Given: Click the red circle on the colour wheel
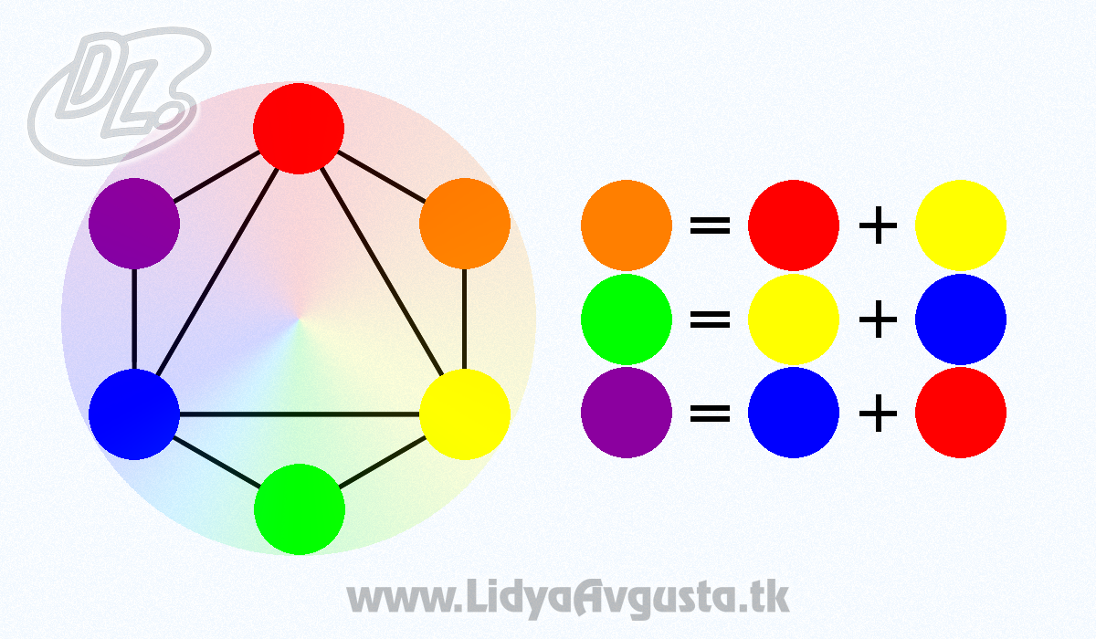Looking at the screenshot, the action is (x=299, y=129).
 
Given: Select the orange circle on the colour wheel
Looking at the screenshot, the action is (x=465, y=224).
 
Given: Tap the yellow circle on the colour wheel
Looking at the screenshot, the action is (x=465, y=414).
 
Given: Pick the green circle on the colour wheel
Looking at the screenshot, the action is (x=300, y=509).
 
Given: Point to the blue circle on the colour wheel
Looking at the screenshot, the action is (x=134, y=414).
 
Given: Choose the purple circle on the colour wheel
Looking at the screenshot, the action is (x=134, y=224).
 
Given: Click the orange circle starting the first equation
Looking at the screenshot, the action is (x=627, y=225).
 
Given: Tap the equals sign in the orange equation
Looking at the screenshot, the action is (x=710, y=225).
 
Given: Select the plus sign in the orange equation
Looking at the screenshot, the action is (x=879, y=225).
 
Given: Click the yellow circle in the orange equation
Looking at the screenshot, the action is (x=961, y=225).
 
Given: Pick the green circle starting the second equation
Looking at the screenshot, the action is (x=627, y=319).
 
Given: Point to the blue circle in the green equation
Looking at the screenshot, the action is (x=961, y=319).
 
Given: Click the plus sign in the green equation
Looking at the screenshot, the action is (x=879, y=319).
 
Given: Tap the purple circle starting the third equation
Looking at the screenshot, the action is (x=627, y=413).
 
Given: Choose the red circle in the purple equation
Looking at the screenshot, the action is (x=961, y=413).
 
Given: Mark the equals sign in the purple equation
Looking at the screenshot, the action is (x=710, y=414).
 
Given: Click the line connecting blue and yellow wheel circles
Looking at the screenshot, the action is (x=300, y=414).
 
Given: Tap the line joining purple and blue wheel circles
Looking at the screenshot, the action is (x=134, y=319).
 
